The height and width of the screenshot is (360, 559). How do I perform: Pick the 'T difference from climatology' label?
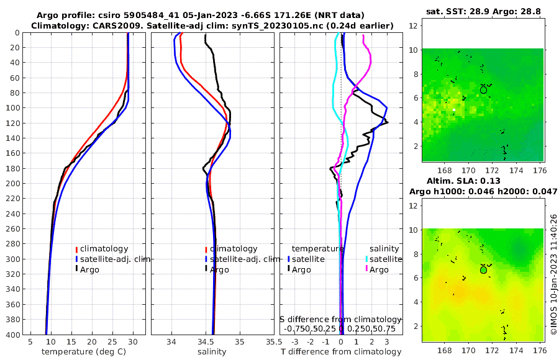coord(341,352)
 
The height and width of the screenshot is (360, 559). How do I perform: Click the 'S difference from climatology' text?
coord(340,319)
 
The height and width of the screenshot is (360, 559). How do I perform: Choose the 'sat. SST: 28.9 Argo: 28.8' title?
coord(477,12)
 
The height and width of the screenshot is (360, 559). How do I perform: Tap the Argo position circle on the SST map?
coord(484,90)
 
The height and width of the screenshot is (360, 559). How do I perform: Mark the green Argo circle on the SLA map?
coord(484,270)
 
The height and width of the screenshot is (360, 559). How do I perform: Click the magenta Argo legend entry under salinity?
coord(379,270)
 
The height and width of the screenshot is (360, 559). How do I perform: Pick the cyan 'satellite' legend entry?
coord(383,259)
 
